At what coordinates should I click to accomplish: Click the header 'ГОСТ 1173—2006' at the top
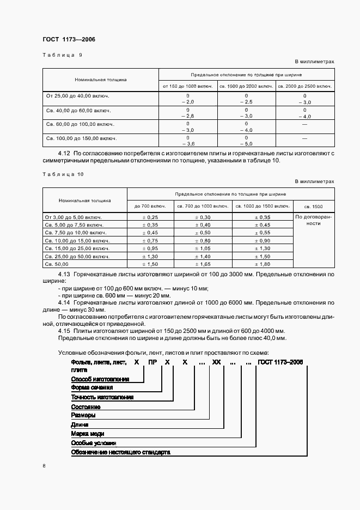(64, 39)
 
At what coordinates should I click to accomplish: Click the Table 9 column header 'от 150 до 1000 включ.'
(187, 86)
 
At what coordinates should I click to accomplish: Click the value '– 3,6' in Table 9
(187, 143)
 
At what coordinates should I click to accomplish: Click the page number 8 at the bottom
(44, 466)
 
